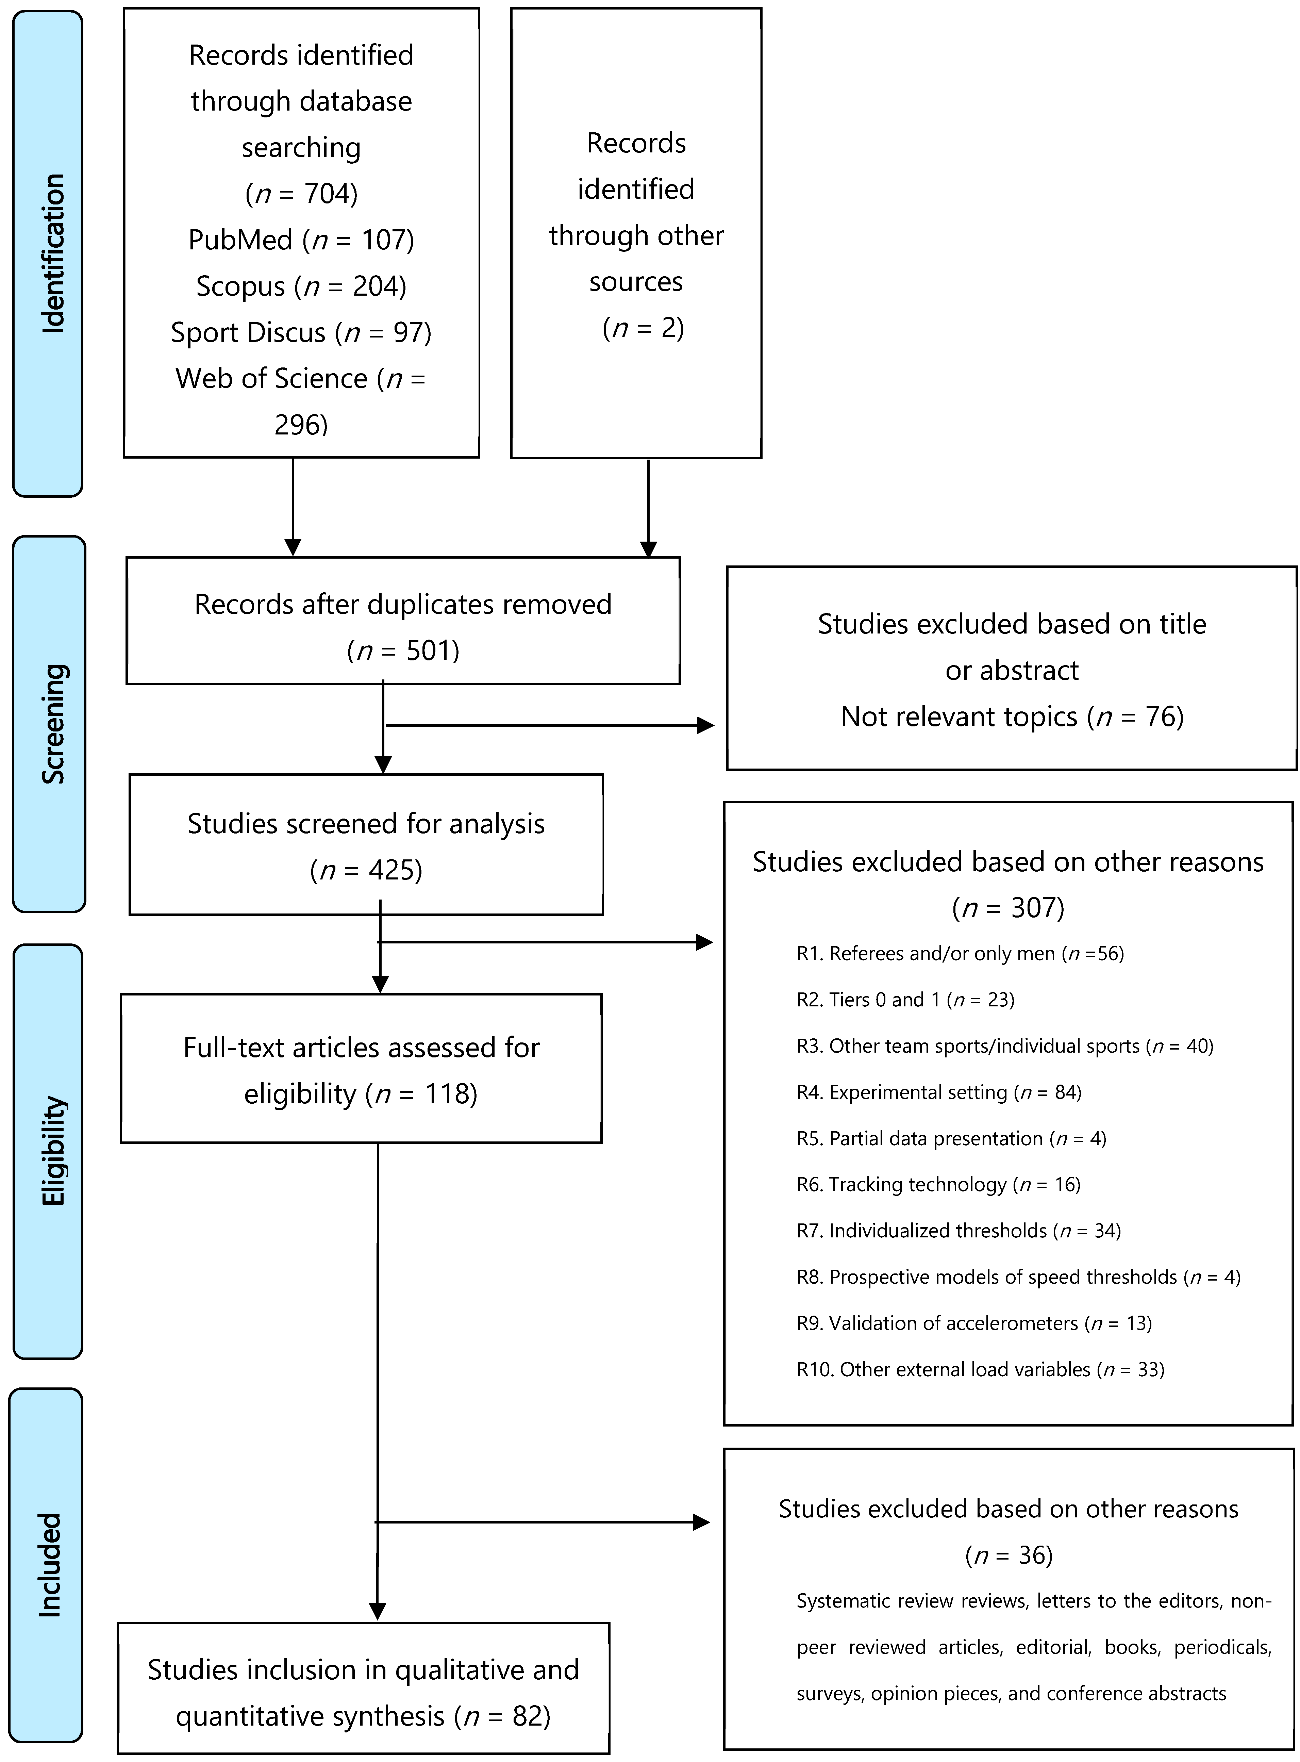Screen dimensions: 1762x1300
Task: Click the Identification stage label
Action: pos(52,253)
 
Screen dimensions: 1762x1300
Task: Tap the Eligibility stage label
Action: pos(52,1151)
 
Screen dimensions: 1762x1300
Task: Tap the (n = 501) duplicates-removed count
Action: pos(403,651)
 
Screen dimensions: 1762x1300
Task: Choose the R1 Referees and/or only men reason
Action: pos(960,954)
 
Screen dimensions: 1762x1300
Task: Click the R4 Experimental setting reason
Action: pos(939,1092)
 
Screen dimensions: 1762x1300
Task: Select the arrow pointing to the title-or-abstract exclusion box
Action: pos(551,726)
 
